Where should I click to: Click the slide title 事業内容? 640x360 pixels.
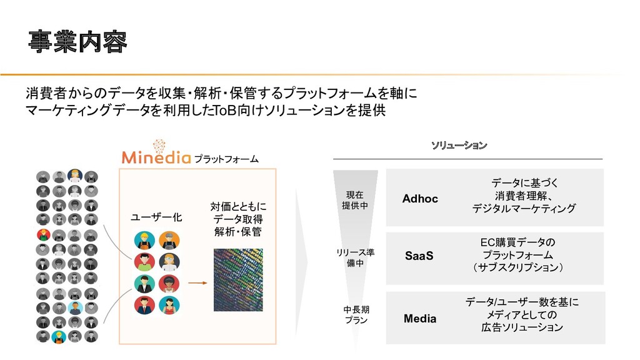77,42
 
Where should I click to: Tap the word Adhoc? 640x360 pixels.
420,199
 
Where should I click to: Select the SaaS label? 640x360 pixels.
419,256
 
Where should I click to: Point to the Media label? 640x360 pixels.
420,319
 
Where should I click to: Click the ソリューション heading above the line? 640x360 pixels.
459,145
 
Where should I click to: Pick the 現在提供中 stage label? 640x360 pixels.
355,200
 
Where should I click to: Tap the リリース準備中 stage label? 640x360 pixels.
355,257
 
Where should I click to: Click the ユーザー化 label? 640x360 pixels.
156,217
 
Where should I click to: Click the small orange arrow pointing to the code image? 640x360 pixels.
197,282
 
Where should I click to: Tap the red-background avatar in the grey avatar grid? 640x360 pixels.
43,236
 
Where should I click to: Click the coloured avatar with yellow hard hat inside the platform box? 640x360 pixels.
144,240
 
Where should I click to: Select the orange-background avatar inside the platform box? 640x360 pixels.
169,240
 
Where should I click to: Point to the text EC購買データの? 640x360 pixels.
517,242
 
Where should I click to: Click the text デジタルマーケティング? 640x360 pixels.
524,208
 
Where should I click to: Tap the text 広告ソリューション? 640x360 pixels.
522,327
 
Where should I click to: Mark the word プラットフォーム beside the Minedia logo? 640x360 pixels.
226,159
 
